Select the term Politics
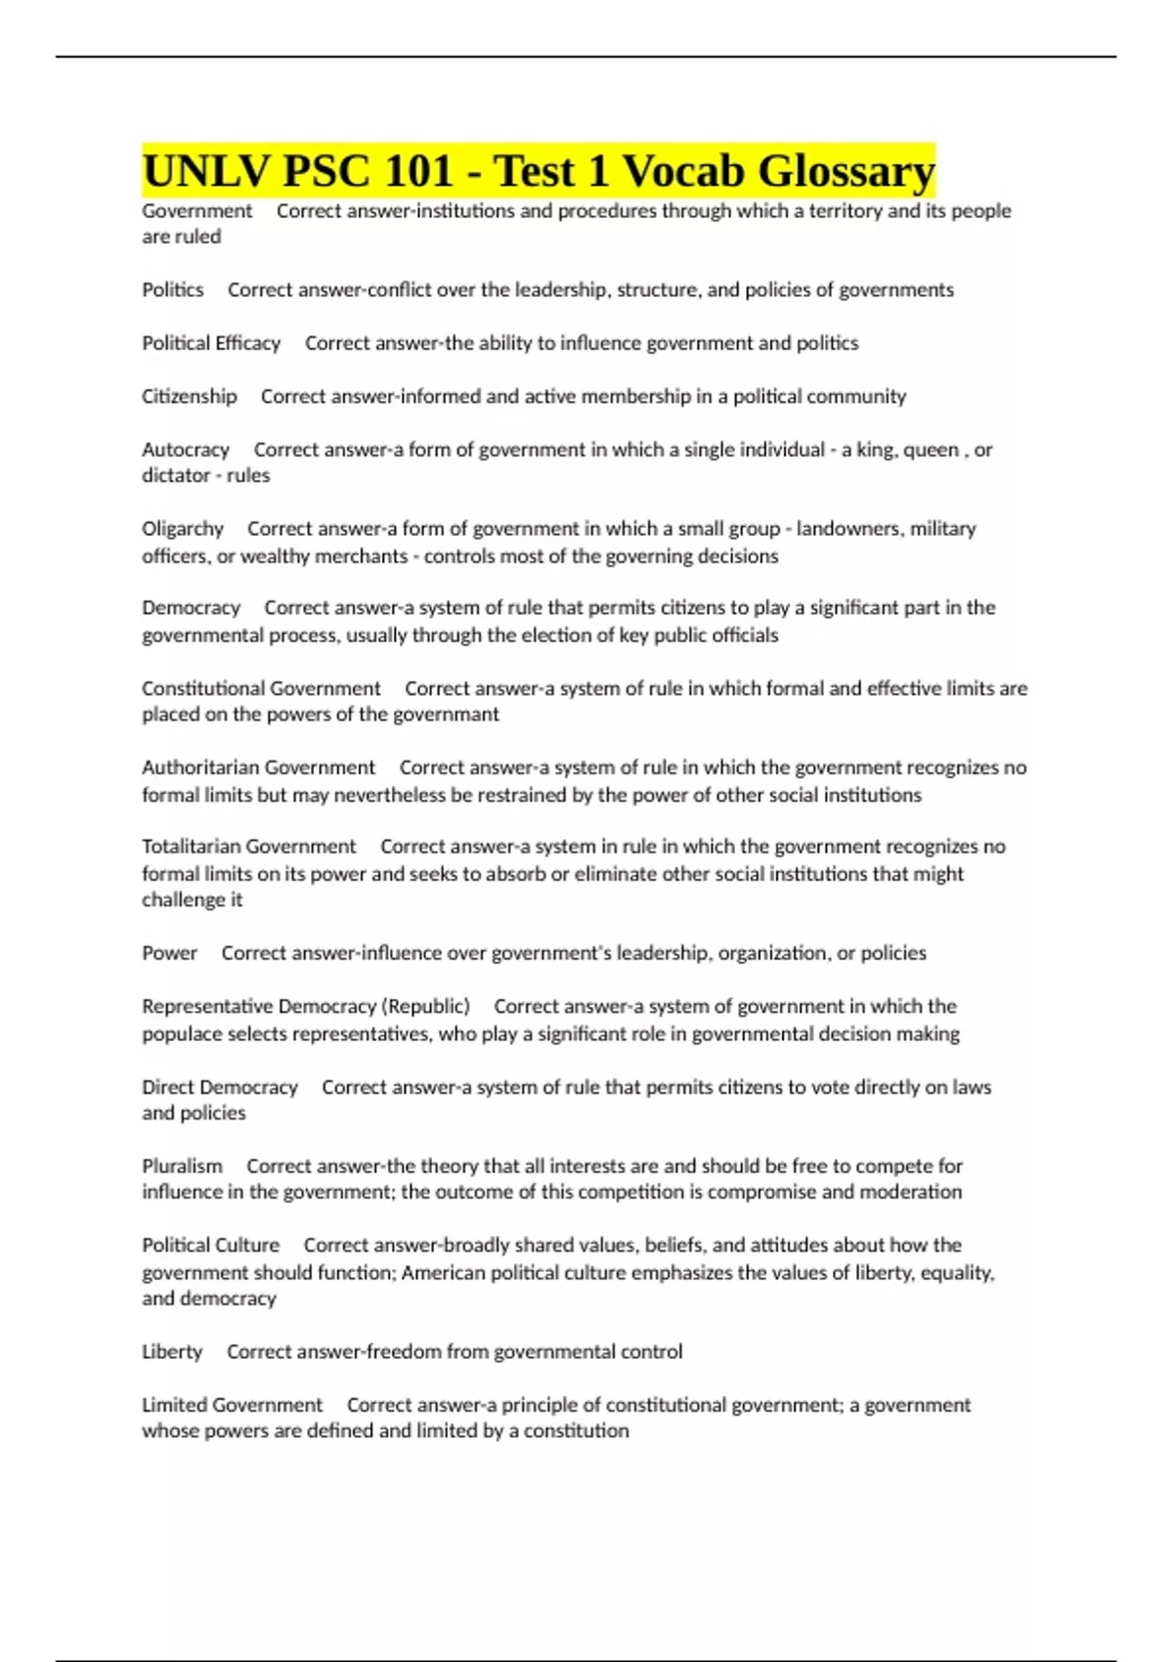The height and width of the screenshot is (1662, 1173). [173, 290]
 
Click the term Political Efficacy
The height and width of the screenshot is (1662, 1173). [211, 343]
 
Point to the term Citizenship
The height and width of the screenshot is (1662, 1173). [190, 397]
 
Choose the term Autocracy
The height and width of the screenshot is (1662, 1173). [186, 450]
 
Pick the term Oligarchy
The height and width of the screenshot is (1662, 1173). [183, 529]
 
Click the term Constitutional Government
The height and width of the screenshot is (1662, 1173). [261, 688]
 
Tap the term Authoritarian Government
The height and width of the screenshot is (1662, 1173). [258, 767]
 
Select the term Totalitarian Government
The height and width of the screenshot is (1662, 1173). [249, 847]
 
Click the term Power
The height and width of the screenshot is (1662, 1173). [170, 953]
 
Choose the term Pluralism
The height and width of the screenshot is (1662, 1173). [182, 1166]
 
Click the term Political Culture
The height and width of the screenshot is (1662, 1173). [211, 1246]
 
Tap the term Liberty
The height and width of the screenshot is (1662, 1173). [172, 1352]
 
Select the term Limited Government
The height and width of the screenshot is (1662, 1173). [233, 1405]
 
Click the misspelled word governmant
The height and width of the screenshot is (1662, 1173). [447, 715]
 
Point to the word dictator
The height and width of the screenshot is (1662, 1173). [175, 476]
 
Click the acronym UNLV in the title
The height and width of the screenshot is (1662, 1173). [206, 172]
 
